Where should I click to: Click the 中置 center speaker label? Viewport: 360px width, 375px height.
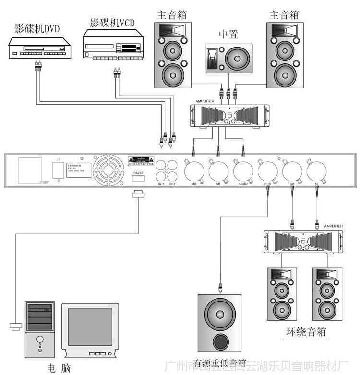click(x=228, y=34)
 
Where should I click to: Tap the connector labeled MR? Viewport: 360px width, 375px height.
click(x=194, y=170)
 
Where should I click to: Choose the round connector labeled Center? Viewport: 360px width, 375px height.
click(x=243, y=170)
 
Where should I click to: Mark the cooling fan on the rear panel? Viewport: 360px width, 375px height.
click(x=108, y=171)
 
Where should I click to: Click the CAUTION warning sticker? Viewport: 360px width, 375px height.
click(x=142, y=160)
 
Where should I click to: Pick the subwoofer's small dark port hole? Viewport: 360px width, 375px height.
click(x=221, y=342)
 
